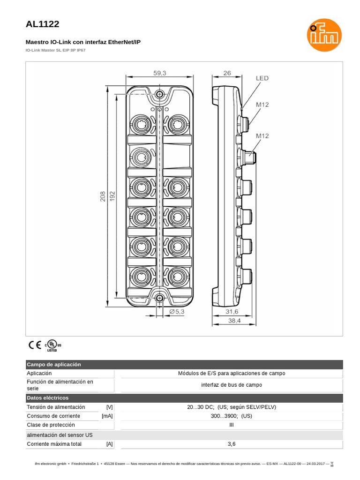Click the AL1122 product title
[x=43, y=24]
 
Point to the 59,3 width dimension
[x=160, y=73]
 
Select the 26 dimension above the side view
[x=227, y=73]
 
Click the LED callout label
[x=262, y=78]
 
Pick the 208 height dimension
[x=103, y=196]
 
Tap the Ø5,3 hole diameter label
[x=178, y=311]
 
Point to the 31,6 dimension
[x=232, y=311]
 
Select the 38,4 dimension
[x=234, y=321]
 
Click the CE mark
[x=34, y=345]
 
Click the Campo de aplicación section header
[x=54, y=364]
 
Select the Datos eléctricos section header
[x=48, y=397]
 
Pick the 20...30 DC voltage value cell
[x=232, y=407]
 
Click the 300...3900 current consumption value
[x=232, y=416]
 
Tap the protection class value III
[x=232, y=425]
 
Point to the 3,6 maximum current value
[x=232, y=443]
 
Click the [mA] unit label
[x=107, y=416]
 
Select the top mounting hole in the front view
[x=160, y=95]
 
